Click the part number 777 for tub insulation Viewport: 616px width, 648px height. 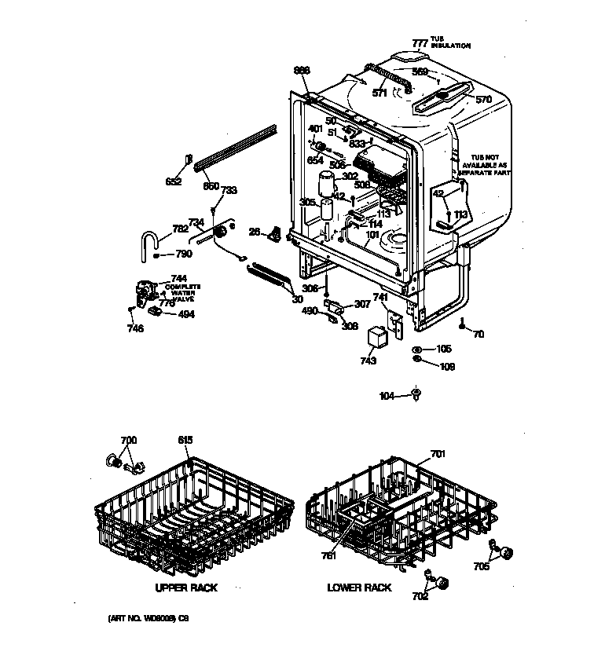(420, 43)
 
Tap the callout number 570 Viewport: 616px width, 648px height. (484, 100)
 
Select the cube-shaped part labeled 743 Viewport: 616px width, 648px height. (379, 339)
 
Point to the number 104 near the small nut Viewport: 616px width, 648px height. (387, 397)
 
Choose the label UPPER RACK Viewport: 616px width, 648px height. (186, 588)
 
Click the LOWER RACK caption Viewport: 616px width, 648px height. (359, 588)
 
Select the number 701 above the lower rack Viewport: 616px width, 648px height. (438, 454)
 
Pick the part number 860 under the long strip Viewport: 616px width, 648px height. (211, 186)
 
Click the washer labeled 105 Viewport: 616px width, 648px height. (417, 350)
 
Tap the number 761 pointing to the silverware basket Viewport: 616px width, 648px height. (328, 556)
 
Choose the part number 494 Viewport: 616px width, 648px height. (186, 314)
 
